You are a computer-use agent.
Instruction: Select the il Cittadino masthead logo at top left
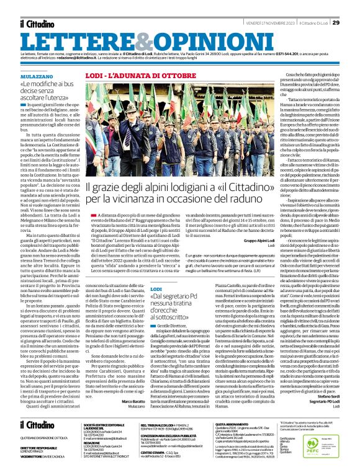[x=38, y=23]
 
